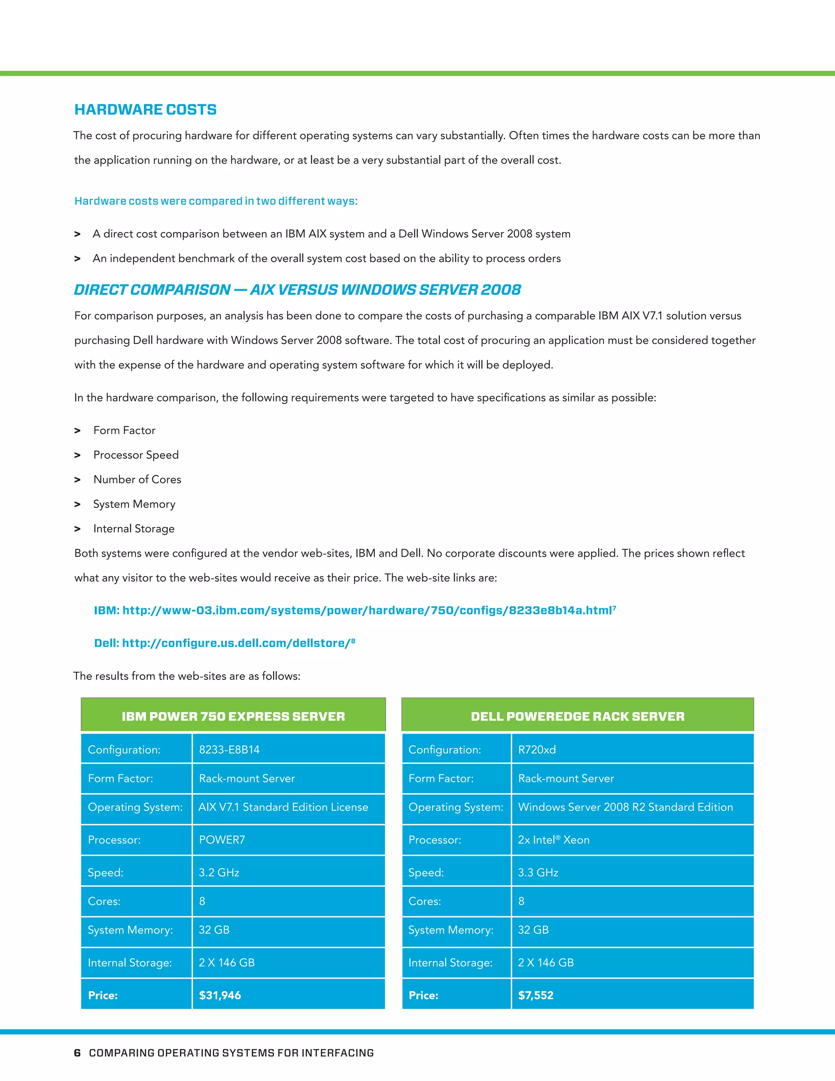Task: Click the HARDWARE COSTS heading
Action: click(x=146, y=109)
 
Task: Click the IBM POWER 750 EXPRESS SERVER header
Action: click(x=233, y=716)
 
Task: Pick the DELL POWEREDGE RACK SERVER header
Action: click(x=577, y=716)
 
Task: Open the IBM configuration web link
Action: click(x=355, y=610)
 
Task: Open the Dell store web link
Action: click(x=224, y=643)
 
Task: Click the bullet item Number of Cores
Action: click(x=137, y=479)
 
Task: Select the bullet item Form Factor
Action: click(x=124, y=430)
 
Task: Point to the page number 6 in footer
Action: click(x=77, y=1053)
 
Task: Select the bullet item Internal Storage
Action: click(x=134, y=529)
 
